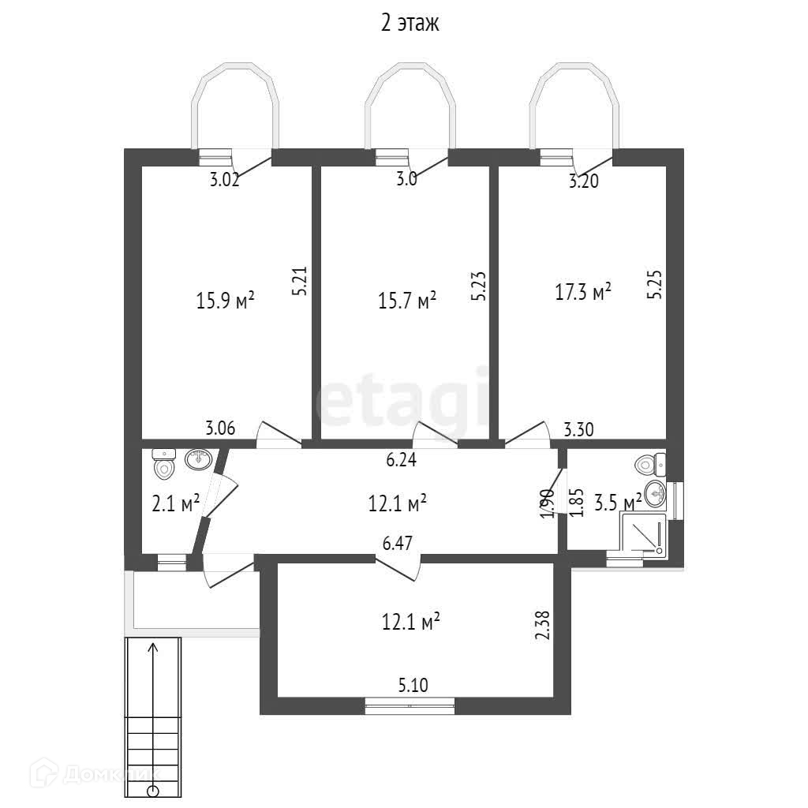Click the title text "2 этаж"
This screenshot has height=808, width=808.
click(410, 24)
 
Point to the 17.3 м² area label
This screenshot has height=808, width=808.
click(584, 293)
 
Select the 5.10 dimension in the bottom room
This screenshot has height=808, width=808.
click(413, 686)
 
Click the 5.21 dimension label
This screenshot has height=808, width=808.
click(298, 280)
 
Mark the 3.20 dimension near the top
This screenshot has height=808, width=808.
click(584, 182)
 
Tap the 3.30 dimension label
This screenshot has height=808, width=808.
click(578, 430)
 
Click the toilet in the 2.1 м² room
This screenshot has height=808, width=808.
click(164, 469)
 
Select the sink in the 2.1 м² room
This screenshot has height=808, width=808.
click(197, 458)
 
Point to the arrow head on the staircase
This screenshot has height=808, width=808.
click(153, 648)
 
